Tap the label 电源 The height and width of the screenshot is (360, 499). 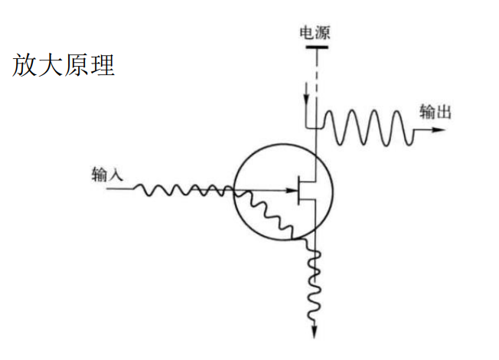coord(315,33)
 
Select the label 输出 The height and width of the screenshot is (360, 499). coord(435,112)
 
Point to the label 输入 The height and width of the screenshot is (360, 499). coord(106,175)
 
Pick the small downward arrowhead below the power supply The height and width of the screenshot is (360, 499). coord(307,103)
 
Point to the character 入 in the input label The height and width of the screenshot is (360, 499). coord(114,175)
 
